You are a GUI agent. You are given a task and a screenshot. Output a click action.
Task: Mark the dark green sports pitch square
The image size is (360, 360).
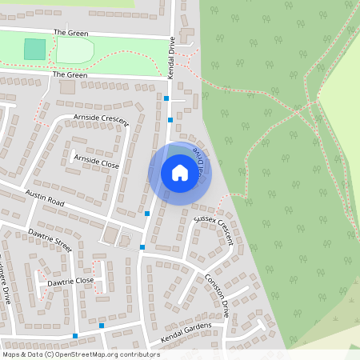tap(34, 50)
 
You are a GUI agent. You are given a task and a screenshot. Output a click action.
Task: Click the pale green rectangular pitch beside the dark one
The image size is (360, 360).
tap(74, 51)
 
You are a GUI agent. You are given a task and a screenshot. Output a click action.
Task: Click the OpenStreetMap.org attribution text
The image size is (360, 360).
tap(106, 354)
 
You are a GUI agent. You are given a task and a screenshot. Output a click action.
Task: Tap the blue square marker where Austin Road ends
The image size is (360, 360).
tap(147, 213)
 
